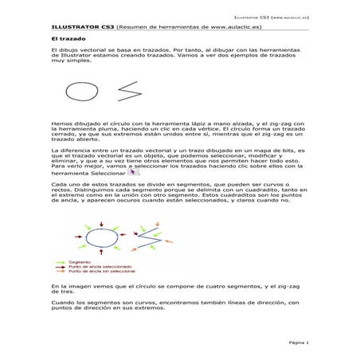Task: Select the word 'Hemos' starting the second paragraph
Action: (60, 123)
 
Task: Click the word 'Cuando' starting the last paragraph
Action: (61, 303)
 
